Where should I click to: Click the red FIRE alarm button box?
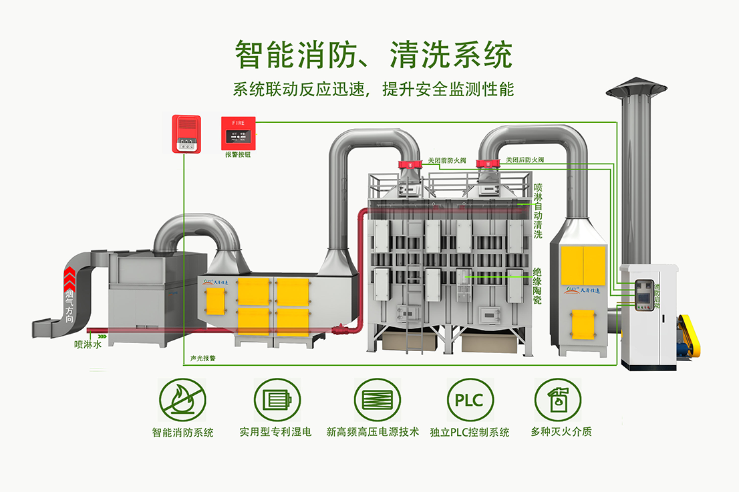(238, 133)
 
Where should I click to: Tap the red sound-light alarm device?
(186, 134)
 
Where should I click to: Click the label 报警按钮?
(238, 154)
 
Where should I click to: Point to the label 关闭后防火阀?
(525, 160)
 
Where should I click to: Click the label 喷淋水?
(88, 345)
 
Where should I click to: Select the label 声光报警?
(203, 358)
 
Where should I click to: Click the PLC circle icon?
(471, 401)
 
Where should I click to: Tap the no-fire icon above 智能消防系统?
(182, 401)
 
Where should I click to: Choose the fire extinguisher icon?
(558, 401)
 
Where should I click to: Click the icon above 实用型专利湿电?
(277, 401)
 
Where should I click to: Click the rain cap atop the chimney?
(637, 89)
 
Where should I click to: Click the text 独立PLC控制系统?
(470, 432)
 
